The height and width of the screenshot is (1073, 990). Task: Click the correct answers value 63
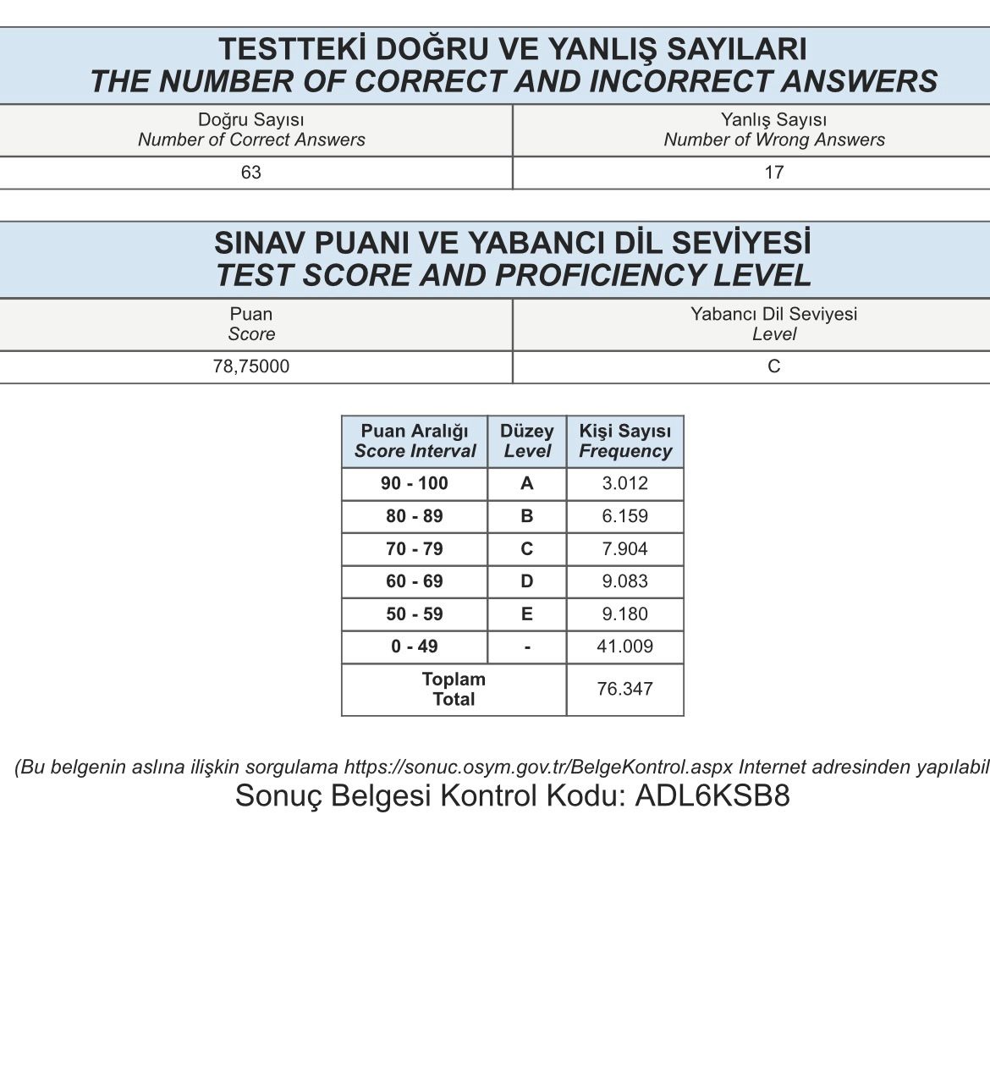coord(251,173)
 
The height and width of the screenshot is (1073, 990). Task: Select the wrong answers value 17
coord(773,173)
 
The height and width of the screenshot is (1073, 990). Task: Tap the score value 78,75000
coord(251,366)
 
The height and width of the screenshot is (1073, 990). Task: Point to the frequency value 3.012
coord(624,483)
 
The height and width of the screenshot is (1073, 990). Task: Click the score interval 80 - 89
coord(414,516)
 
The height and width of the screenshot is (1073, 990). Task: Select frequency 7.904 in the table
coord(624,549)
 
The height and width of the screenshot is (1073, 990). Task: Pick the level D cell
coord(526,581)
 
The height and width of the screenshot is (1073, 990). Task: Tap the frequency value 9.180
coord(624,614)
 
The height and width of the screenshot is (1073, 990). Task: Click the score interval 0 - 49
coord(414,647)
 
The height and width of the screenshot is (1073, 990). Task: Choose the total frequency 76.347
coord(624,689)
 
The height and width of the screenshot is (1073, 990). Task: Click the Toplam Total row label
coord(454,689)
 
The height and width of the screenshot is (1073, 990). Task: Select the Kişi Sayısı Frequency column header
coord(624,441)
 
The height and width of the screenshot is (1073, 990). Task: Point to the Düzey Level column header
coord(526,441)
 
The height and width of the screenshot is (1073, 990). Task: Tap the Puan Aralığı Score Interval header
coord(415,441)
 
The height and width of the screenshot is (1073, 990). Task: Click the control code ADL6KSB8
coord(712,796)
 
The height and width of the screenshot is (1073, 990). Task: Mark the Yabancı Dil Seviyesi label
coord(773,314)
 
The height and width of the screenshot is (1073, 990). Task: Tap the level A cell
coord(526,483)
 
